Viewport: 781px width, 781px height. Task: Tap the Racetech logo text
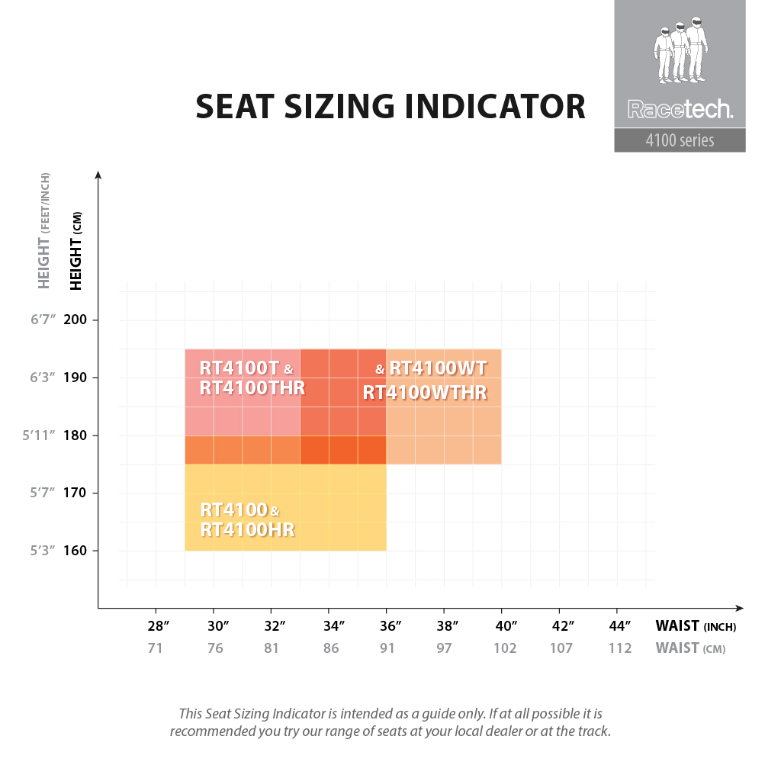680,110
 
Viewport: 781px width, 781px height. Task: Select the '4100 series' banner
680,140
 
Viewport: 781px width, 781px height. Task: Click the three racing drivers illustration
680,52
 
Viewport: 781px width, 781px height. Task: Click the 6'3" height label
43,378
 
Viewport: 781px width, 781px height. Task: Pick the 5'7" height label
43,493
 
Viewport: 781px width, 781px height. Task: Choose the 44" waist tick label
620,626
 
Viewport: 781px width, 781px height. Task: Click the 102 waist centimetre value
505,648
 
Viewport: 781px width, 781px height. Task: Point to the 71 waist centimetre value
156,648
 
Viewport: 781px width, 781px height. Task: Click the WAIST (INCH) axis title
696,626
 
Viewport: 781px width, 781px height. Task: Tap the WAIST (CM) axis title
690,648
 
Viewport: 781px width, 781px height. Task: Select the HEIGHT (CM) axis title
76,251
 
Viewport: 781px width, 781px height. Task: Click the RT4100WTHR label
425,393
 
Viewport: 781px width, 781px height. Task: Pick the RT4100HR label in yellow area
247,529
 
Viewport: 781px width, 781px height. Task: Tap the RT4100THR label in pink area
252,387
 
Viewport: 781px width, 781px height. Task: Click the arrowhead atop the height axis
98,175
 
